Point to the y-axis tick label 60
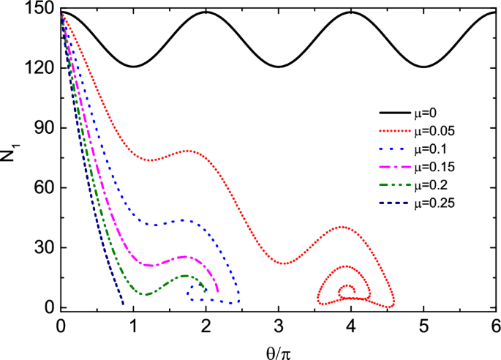point(45,188)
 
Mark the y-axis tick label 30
point(45,248)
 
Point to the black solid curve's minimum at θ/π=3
point(279,67)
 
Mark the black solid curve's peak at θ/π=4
point(351,12)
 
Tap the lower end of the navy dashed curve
point(123,304)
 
